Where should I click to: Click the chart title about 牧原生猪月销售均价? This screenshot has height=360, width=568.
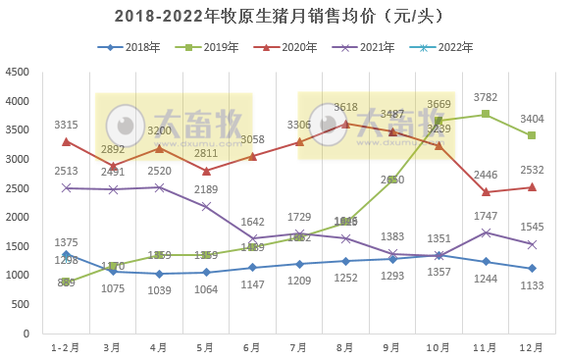tap(283, 16)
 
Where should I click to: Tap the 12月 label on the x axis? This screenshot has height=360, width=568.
tap(532, 347)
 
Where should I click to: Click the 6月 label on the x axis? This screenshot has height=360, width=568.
tap(252, 347)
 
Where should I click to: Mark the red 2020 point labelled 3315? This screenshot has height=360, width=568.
tap(67, 141)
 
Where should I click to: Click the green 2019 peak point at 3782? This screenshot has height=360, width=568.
tap(485, 114)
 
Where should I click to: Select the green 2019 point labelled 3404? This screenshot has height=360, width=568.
tap(531, 135)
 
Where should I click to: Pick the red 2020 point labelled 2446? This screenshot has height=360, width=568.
tap(485, 191)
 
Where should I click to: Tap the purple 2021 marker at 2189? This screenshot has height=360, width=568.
tap(206, 206)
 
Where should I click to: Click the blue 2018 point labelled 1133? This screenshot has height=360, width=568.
tap(531, 268)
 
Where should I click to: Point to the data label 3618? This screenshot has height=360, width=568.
tap(345, 108)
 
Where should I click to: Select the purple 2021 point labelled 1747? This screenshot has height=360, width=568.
tap(485, 231)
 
